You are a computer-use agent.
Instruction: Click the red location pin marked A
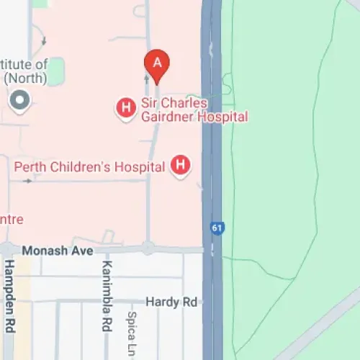157,64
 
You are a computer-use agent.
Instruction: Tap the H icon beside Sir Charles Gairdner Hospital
126,109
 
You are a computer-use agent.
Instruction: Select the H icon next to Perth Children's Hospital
180,166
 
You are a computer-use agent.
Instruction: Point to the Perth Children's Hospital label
90,167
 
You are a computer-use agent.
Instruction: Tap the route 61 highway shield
217,228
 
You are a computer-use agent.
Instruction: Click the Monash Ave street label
58,251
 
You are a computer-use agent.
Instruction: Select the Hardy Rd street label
171,302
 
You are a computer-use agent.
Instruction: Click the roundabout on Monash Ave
148,248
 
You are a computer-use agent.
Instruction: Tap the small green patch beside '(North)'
55,71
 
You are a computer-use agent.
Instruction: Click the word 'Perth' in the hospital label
32,167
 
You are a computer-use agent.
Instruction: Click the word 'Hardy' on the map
161,302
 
